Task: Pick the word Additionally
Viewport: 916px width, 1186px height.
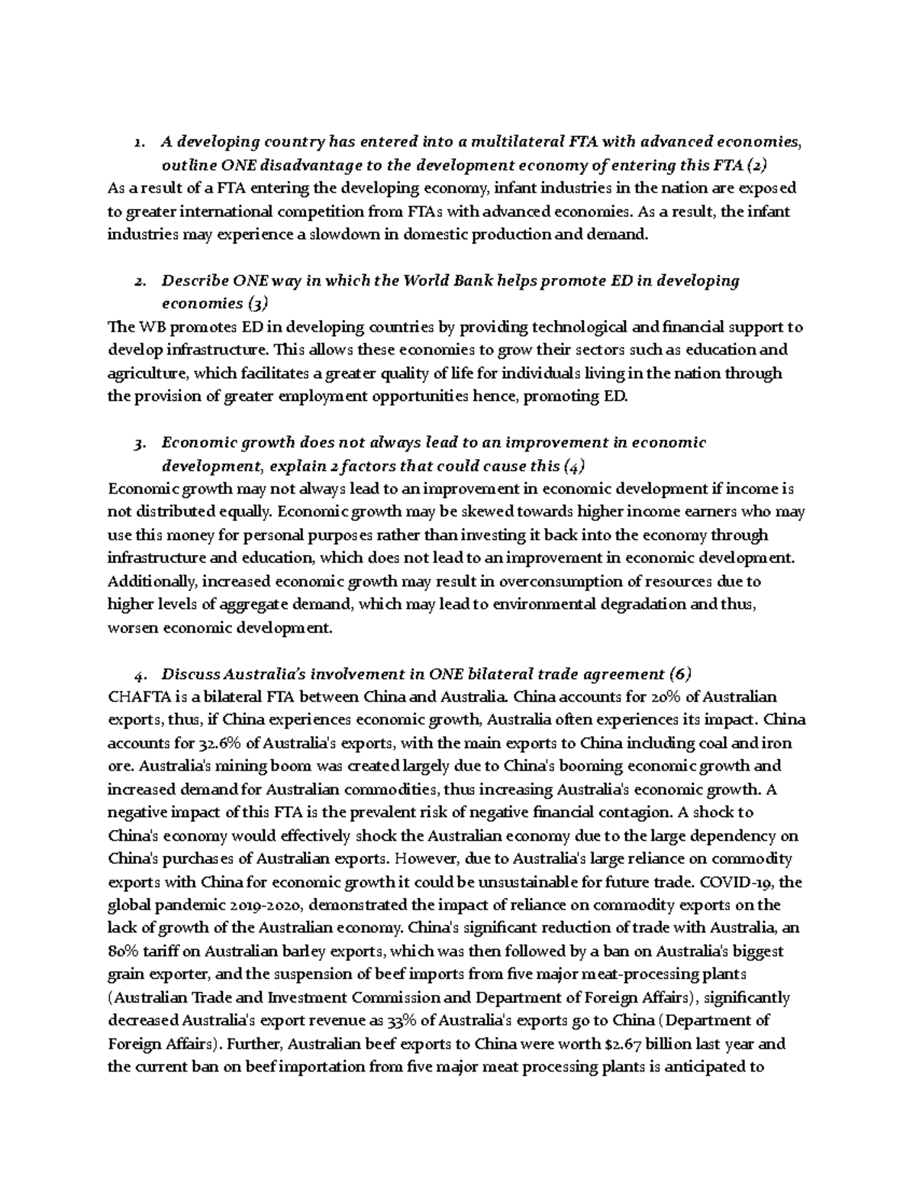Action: (152, 582)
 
